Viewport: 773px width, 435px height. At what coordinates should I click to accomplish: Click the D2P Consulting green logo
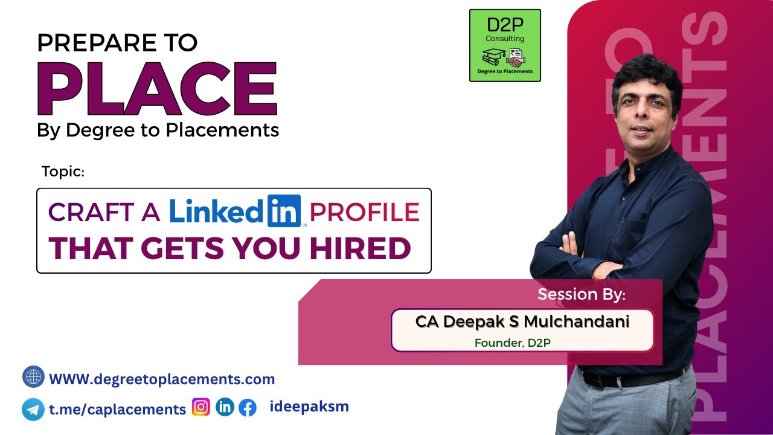click(505, 45)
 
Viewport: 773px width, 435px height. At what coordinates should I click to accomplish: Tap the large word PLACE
click(157, 88)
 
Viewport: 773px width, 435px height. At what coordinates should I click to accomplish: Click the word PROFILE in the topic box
click(364, 212)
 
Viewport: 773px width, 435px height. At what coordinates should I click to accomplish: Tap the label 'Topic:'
click(63, 172)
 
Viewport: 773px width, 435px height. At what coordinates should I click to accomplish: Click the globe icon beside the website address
click(33, 377)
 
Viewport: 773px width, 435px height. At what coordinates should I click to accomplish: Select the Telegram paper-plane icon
click(33, 409)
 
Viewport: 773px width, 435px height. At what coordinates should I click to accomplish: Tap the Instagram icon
click(200, 407)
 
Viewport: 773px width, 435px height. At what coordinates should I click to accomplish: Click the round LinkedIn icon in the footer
click(225, 407)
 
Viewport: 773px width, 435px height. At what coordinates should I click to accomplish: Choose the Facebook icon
click(247, 408)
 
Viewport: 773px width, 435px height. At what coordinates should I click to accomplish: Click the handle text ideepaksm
click(309, 407)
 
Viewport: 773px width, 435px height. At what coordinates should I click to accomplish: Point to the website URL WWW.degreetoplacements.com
click(162, 379)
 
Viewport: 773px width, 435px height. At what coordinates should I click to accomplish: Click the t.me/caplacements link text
click(117, 409)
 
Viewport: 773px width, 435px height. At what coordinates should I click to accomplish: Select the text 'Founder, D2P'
click(513, 343)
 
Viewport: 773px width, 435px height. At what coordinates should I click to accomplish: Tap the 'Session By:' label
click(582, 295)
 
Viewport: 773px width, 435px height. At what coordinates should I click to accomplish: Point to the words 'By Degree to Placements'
click(158, 129)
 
